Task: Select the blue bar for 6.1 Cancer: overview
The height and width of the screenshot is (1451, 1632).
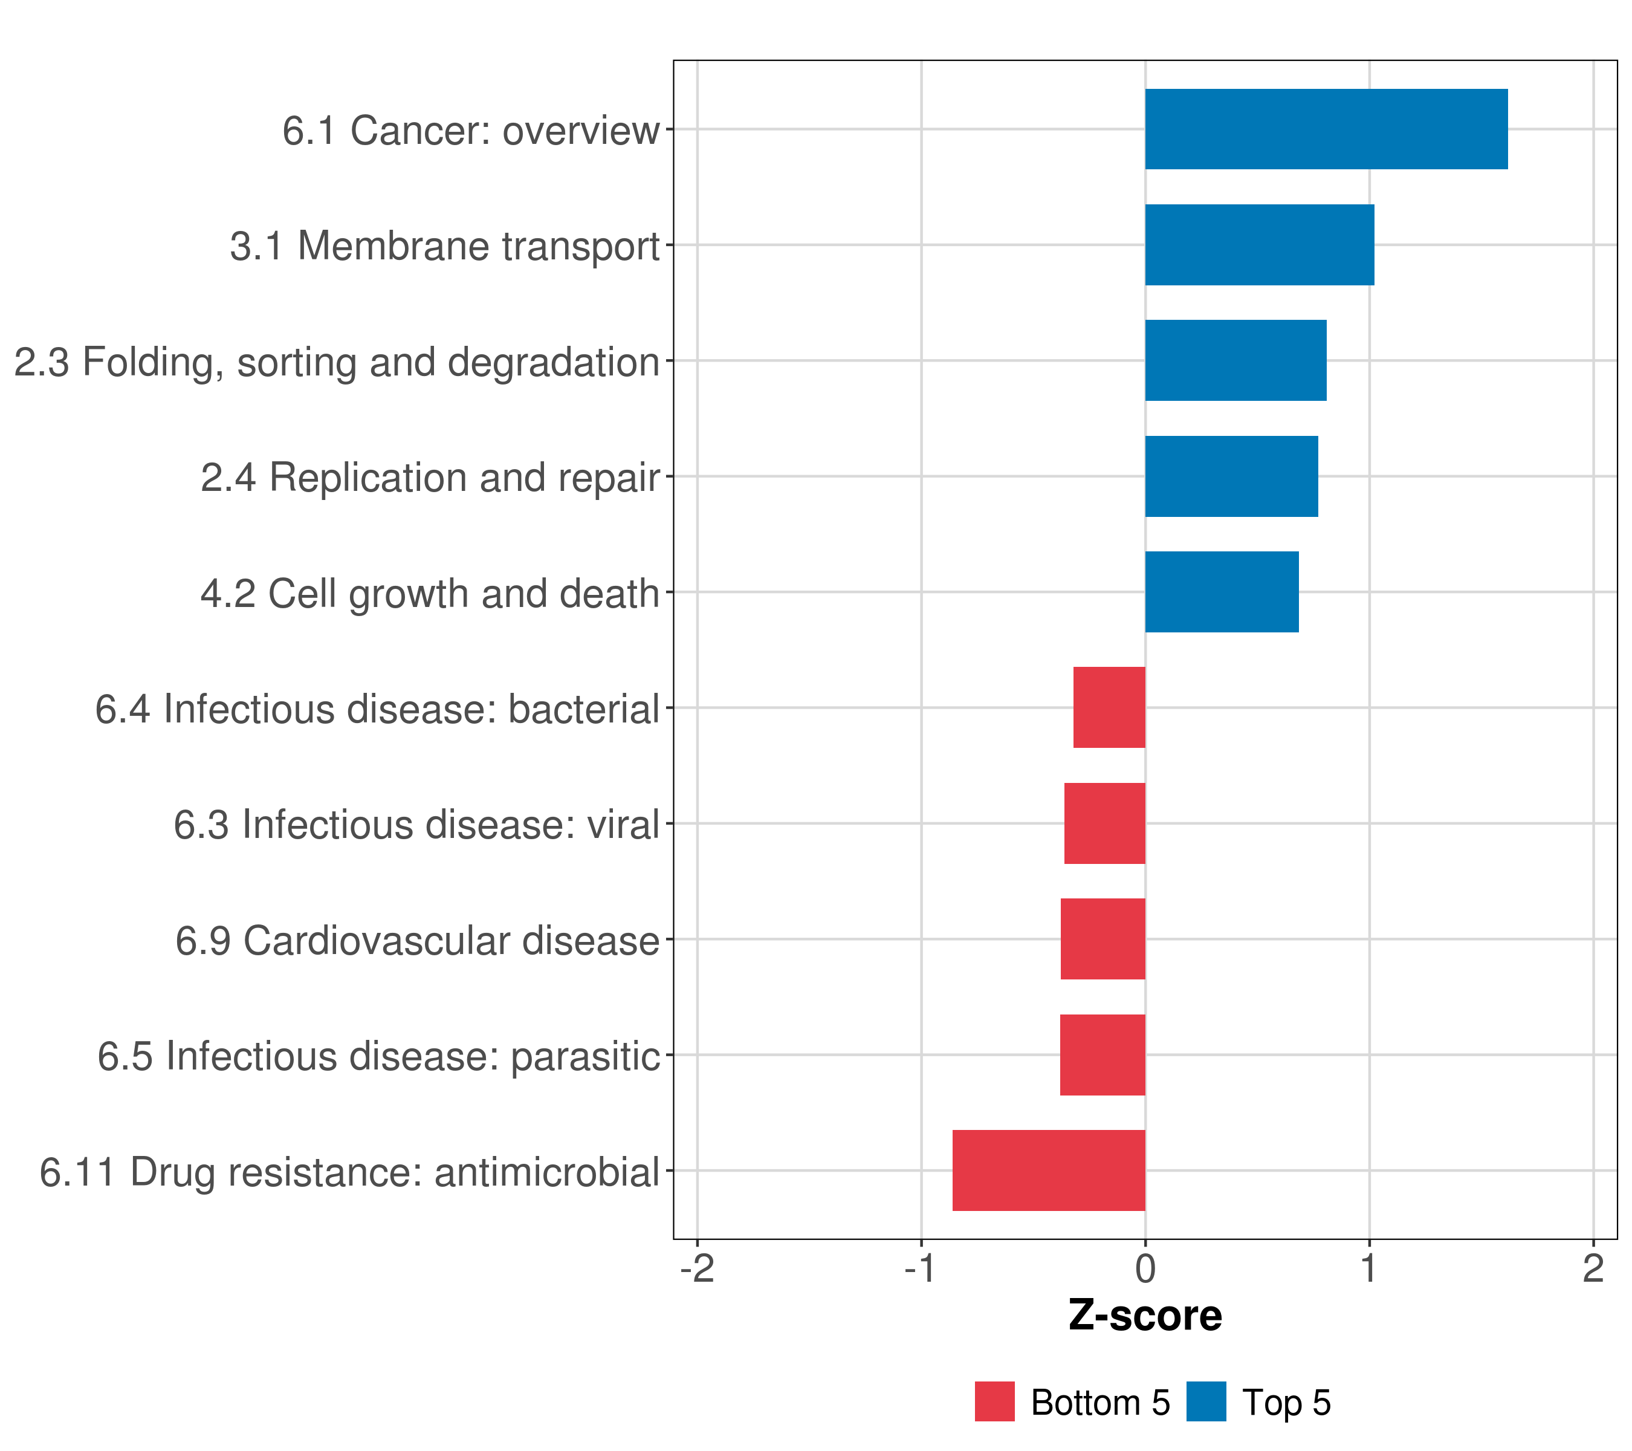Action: point(1326,129)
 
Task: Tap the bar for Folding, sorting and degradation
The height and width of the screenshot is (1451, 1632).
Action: point(1235,360)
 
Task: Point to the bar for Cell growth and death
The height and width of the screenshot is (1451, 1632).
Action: point(1222,592)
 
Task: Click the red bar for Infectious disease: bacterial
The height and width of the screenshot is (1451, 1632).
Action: point(1109,707)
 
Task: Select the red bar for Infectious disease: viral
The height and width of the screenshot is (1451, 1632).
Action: point(1104,823)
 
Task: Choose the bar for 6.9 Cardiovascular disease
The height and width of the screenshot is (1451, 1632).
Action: point(1103,939)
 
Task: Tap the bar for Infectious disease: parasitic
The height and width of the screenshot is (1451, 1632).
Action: point(1103,1055)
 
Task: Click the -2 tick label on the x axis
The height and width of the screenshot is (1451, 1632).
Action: point(697,1268)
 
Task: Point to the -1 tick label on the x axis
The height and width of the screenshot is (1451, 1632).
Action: point(921,1268)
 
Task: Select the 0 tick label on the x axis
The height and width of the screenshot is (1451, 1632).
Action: point(1145,1268)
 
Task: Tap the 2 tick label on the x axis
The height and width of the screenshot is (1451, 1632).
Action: point(1593,1268)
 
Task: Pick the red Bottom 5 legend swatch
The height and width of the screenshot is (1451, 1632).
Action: point(994,1401)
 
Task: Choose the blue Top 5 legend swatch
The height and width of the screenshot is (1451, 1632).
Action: point(1206,1401)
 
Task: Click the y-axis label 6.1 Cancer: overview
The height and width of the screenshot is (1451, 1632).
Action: point(471,130)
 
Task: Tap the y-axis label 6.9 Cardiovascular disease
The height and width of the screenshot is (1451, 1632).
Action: point(417,941)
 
